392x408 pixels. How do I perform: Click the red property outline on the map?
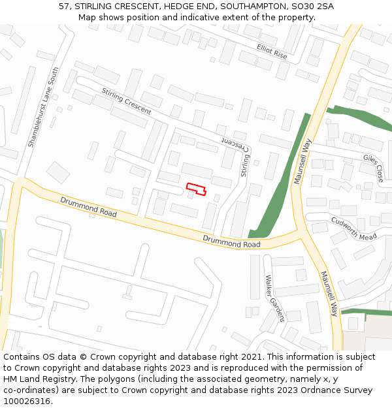[196, 189]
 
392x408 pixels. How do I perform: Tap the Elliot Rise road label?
[272, 52]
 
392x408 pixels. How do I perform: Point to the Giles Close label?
[373, 167]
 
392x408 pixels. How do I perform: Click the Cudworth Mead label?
[354, 228]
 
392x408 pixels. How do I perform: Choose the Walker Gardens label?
[274, 298]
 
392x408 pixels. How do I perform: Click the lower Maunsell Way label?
[329, 293]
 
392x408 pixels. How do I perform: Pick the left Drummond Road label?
[88, 207]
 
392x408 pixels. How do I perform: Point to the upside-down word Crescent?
[233, 142]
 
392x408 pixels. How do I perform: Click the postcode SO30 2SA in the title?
[310, 6]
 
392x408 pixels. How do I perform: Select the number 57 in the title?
[65, 6]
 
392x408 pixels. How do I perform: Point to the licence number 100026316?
[27, 401]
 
